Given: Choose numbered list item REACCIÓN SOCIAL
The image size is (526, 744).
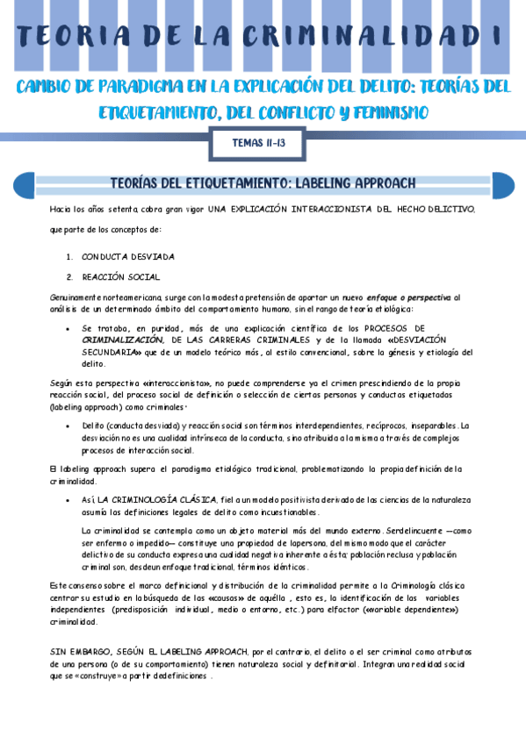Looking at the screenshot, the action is (x=120, y=277).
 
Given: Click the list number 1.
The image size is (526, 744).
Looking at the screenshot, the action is (x=69, y=257).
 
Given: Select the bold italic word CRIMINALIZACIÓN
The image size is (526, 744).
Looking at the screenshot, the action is (x=123, y=339).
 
